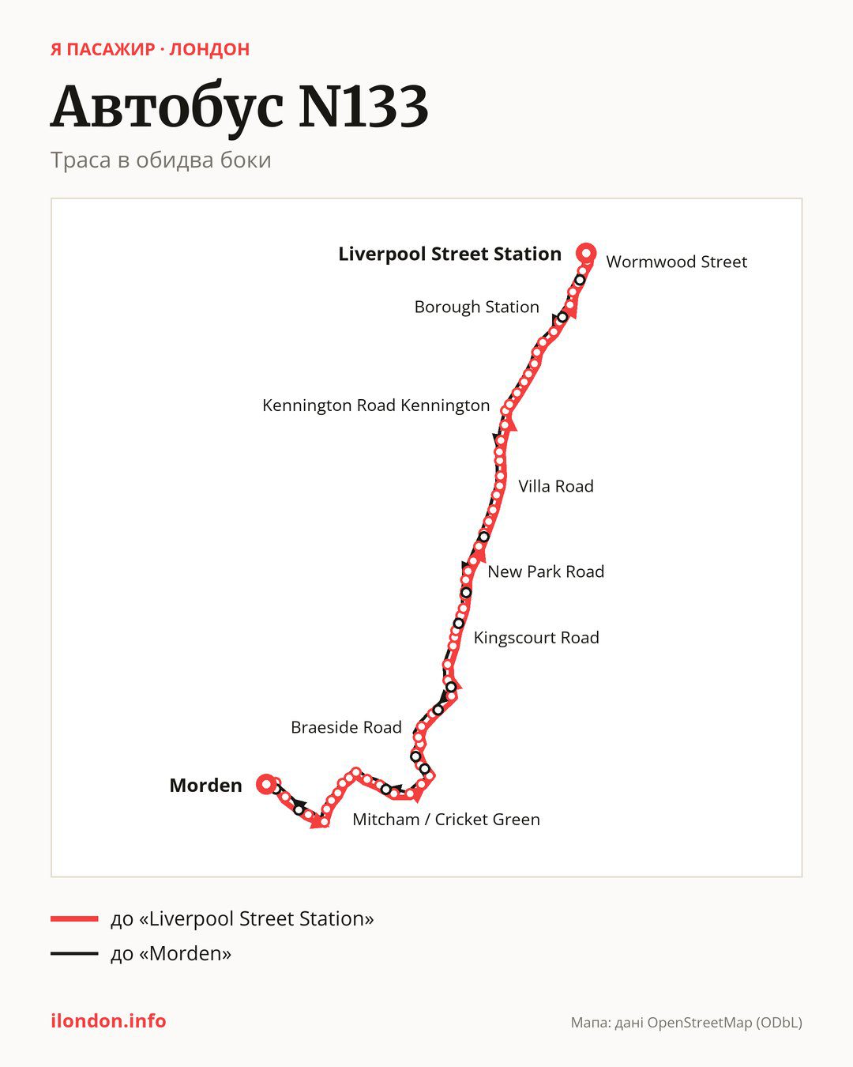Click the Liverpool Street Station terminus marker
[586, 254]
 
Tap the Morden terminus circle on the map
[267, 784]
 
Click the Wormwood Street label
[676, 262]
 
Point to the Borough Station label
[476, 307]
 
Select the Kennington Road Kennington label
[376, 405]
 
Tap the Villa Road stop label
[555, 486]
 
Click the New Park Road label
[546, 571]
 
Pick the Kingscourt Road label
[536, 638]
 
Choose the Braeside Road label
[346, 727]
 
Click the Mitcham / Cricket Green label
[446, 820]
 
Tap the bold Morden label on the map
[205, 786]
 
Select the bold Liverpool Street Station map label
[449, 254]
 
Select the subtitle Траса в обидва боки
[161, 160]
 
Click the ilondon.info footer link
[108, 1021]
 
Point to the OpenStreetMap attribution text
[686, 1023]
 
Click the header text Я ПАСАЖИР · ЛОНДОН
[150, 50]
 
